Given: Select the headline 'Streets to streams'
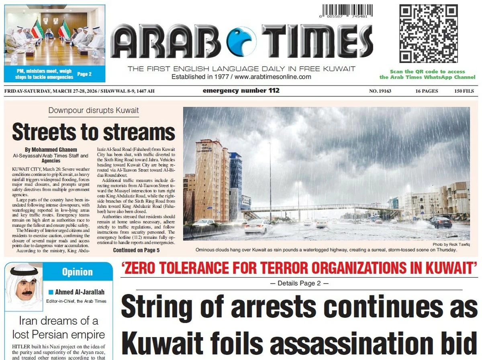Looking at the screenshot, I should [x=94, y=131].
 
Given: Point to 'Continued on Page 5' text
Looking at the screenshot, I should [x=136, y=250].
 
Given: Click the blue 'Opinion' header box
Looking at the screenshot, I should [x=78, y=272].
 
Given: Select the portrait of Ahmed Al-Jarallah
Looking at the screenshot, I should [x=24, y=288].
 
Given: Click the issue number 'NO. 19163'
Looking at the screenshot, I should [x=380, y=91].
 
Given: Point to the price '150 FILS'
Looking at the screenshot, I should [x=464, y=91].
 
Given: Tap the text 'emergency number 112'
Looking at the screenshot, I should [x=241, y=91].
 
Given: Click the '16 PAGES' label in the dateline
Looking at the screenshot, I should [x=427, y=91].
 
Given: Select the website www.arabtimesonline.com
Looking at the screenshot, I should [x=273, y=77].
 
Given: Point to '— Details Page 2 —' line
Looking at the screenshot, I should [x=299, y=283].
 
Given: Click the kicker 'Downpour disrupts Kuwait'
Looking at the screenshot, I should [x=94, y=111].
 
